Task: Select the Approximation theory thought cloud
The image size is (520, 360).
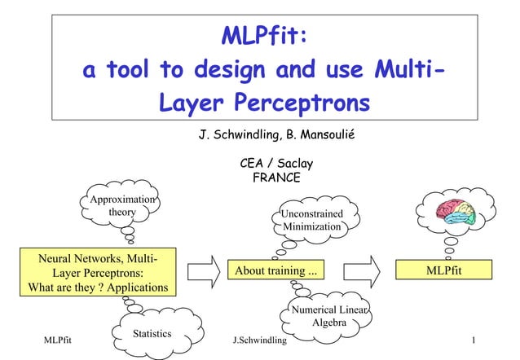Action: tap(122, 206)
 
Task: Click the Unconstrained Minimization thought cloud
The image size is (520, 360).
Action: tap(311, 220)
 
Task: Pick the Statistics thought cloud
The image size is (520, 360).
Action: tap(152, 333)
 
